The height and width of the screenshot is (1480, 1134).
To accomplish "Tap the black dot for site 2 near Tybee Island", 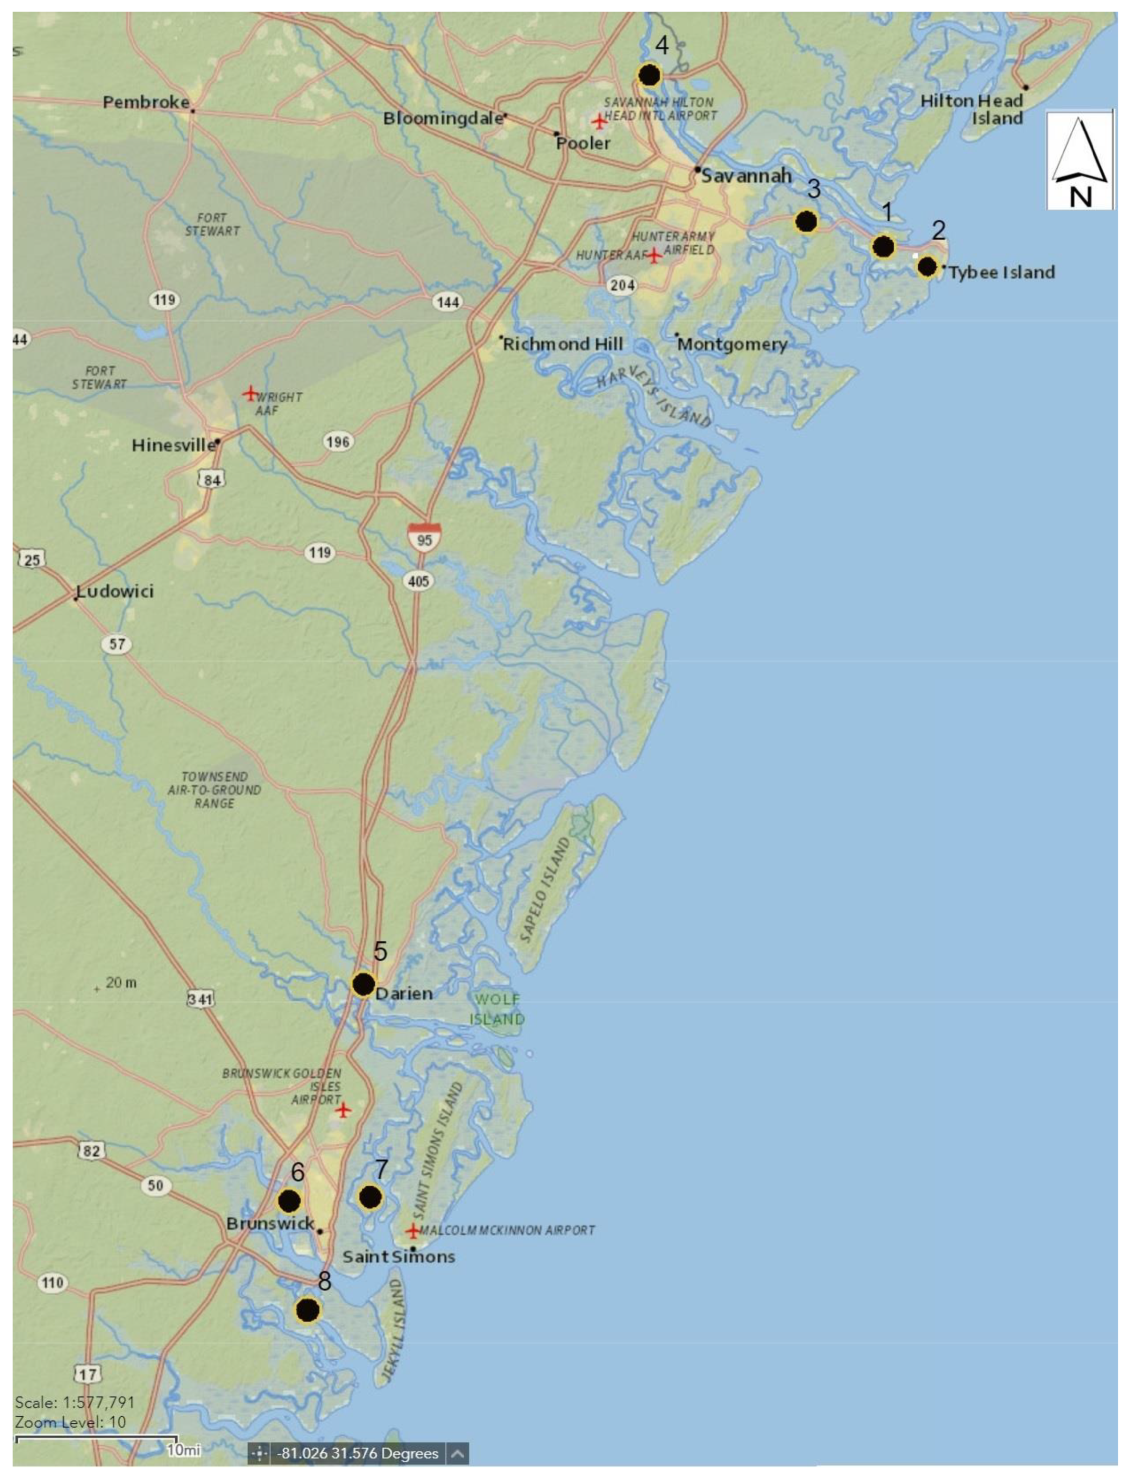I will [x=927, y=267].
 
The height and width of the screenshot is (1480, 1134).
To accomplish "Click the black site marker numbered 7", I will [x=370, y=1197].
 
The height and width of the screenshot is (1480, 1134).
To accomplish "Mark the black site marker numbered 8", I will [x=308, y=1310].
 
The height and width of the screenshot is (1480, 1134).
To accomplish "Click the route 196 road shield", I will [x=338, y=442].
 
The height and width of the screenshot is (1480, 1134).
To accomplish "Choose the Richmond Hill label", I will [x=563, y=344].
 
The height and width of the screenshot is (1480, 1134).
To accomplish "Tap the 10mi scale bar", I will [x=96, y=1440].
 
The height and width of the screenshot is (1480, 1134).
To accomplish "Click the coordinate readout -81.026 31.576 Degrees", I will [x=358, y=1453].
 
